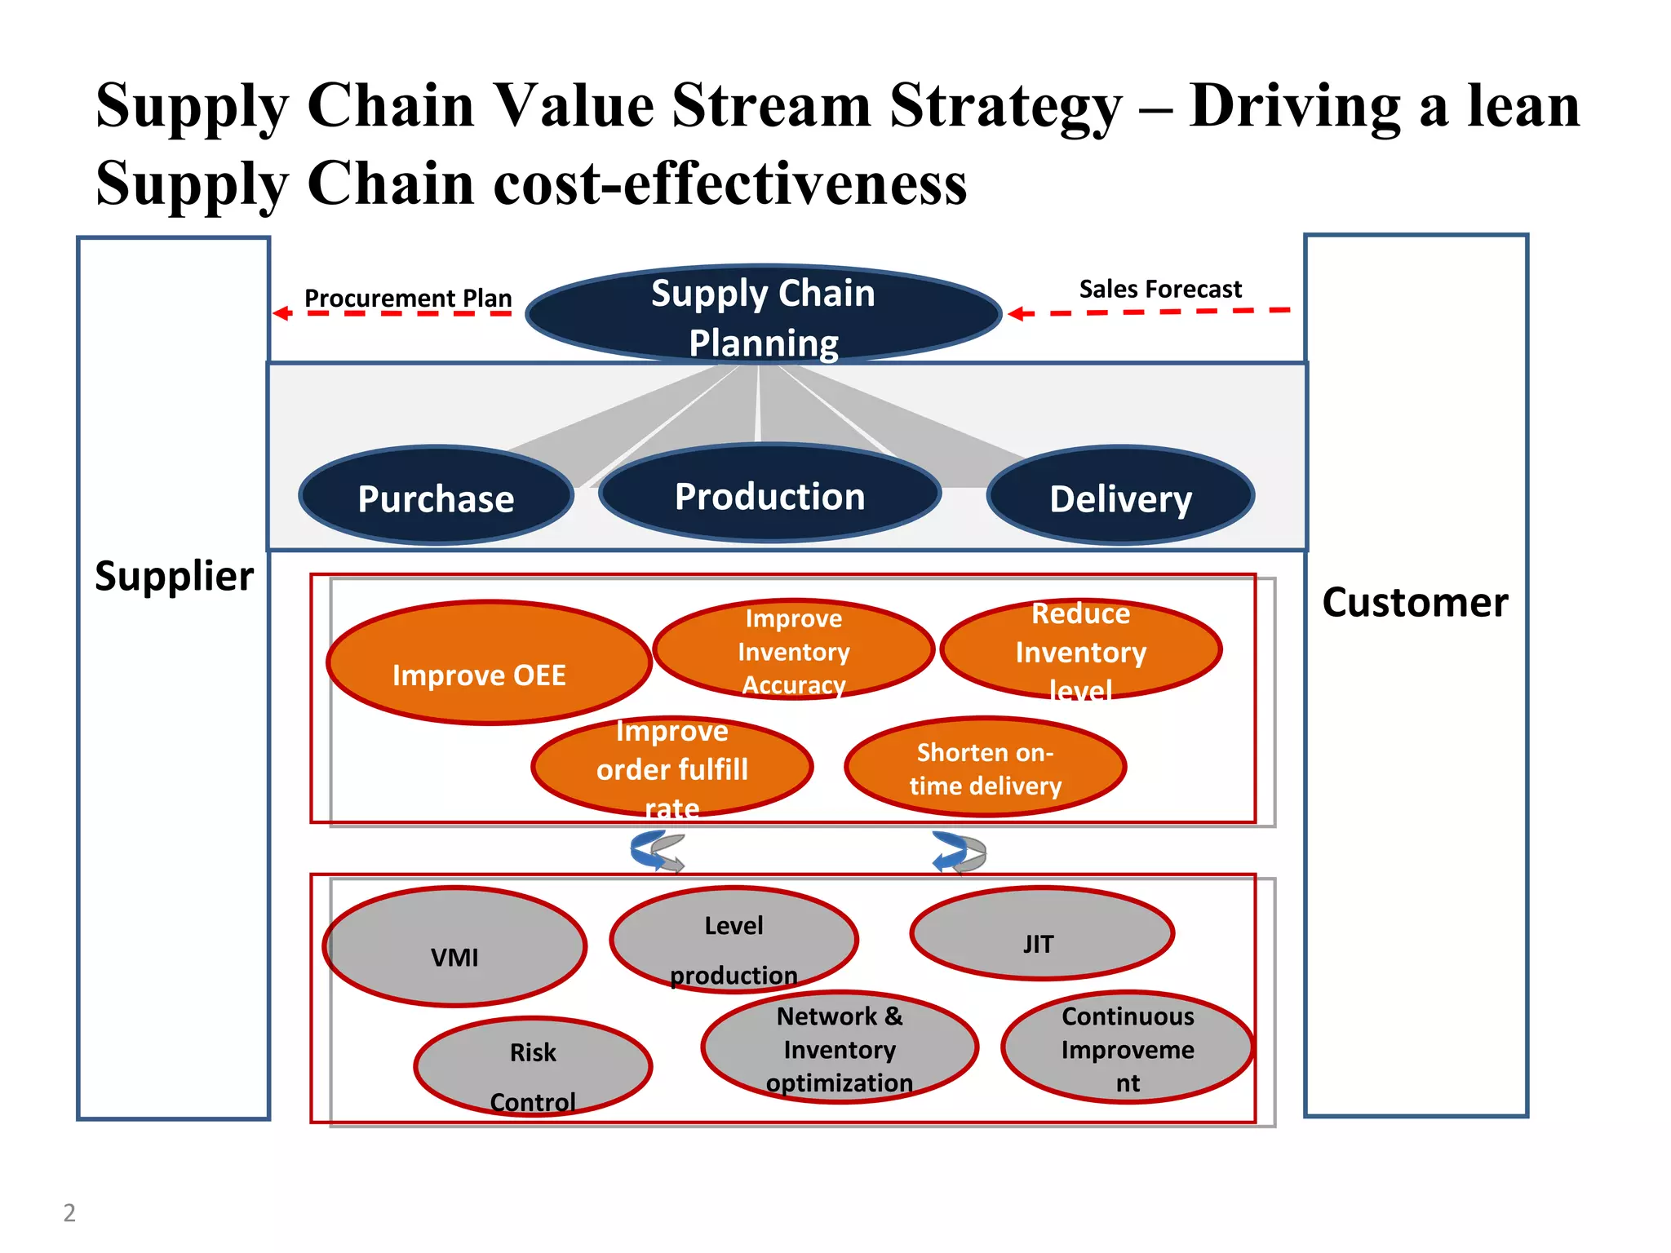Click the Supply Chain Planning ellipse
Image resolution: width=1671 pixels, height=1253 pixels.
click(x=763, y=315)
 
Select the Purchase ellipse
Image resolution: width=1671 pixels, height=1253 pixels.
click(x=436, y=496)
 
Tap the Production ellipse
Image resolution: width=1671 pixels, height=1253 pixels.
click(x=769, y=494)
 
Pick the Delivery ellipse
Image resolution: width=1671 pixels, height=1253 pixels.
click(x=1120, y=496)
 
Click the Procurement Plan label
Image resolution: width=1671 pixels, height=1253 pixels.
click(x=408, y=298)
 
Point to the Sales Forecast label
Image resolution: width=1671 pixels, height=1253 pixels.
click(x=1159, y=289)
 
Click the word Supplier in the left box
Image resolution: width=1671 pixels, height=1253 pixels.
click(x=174, y=576)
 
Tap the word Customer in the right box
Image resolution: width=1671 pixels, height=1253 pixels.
click(x=1415, y=603)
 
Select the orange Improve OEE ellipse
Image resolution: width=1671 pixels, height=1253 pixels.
click(x=489, y=662)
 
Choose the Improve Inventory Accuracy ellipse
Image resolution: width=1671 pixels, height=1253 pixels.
click(x=793, y=650)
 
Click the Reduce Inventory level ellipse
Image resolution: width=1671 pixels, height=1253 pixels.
click(x=1080, y=650)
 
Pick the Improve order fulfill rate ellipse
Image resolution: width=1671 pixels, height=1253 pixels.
click(x=672, y=767)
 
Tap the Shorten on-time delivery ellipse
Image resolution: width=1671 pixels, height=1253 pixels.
click(x=985, y=767)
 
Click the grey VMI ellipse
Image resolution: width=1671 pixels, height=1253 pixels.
click(x=454, y=947)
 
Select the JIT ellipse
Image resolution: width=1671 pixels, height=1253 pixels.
click(x=1041, y=933)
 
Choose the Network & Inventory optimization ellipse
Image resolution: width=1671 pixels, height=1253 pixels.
click(x=839, y=1048)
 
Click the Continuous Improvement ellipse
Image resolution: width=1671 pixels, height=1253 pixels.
click(x=1127, y=1048)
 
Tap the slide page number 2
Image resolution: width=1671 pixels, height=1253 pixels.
click(x=69, y=1213)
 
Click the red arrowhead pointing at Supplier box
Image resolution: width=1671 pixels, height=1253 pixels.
click(x=281, y=313)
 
